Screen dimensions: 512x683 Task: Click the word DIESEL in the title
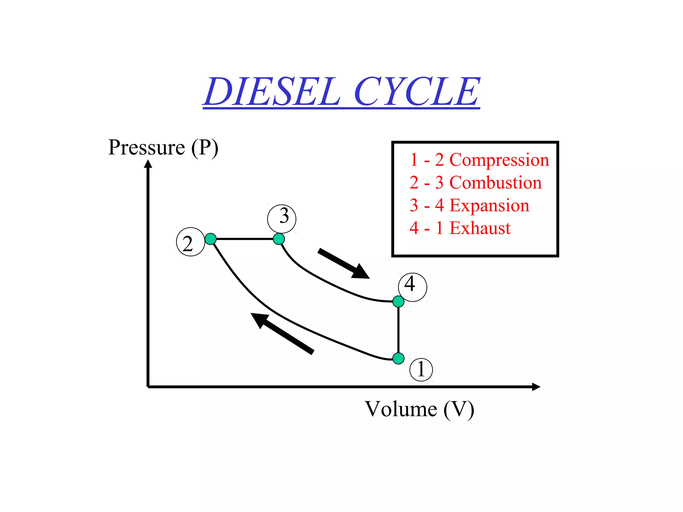point(272,92)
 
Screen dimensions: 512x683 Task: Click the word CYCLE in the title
point(417,92)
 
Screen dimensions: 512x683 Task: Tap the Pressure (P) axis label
point(163,148)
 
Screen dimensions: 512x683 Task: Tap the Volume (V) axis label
point(419,409)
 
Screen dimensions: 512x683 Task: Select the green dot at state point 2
point(210,239)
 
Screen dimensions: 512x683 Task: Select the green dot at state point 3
point(279,239)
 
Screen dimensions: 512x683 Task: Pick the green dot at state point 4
point(398,301)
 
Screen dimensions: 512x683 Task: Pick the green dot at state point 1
point(398,358)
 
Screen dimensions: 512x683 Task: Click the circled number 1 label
point(421,370)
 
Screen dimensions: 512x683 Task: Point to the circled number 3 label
point(282,219)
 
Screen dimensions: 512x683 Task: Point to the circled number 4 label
point(413,287)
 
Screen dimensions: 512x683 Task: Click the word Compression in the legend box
point(499,160)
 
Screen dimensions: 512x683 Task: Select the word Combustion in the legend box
point(495,183)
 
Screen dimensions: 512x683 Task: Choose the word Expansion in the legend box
point(489,205)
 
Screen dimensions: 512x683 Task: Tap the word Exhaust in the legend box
point(480,228)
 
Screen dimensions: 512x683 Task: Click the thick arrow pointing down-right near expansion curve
point(344,263)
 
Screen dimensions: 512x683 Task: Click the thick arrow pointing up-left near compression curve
point(282,333)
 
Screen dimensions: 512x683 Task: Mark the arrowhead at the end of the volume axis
point(536,387)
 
